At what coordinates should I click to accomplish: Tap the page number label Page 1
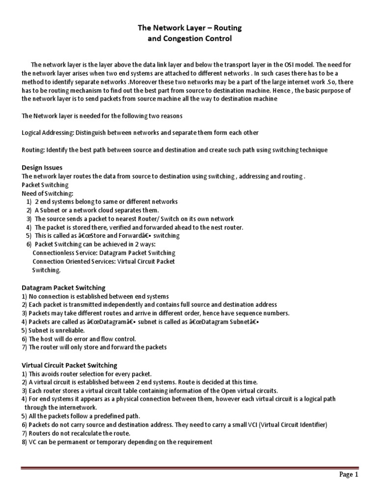[x=349, y=475]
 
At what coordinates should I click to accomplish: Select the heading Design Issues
[x=42, y=168]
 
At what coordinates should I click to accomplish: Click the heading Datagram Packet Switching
[x=64, y=288]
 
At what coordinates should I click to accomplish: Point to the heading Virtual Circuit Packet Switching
[x=69, y=365]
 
